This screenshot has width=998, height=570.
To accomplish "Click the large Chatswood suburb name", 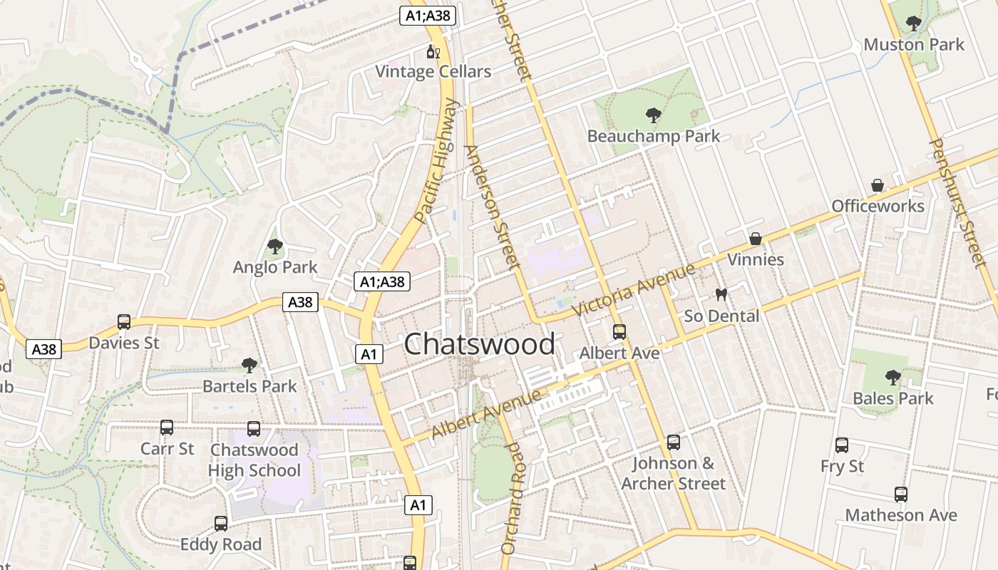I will [x=479, y=344].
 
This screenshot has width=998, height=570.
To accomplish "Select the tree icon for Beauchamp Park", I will [x=652, y=115].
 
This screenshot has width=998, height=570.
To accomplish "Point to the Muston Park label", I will [x=913, y=45].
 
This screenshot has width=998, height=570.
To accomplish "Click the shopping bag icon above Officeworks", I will [x=878, y=186].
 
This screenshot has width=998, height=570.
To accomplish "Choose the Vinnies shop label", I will [x=756, y=259].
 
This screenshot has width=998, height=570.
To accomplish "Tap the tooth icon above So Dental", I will [x=721, y=295].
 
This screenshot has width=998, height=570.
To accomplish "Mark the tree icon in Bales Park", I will [x=892, y=378].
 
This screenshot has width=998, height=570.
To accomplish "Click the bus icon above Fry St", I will [x=842, y=445].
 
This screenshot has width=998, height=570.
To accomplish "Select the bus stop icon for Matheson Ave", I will [x=901, y=494].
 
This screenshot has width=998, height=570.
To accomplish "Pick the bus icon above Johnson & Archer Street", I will [x=673, y=442].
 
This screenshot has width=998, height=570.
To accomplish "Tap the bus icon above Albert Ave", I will [x=619, y=332].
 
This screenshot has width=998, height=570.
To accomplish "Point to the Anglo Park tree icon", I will [x=274, y=247].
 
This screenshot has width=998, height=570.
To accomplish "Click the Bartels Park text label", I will [x=249, y=386].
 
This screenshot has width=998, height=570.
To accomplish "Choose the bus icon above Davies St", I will [x=124, y=322].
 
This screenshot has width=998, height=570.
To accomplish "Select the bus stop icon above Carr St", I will [x=167, y=427].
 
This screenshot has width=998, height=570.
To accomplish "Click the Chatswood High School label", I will [x=254, y=460].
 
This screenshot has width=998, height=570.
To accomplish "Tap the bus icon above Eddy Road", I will [x=221, y=524].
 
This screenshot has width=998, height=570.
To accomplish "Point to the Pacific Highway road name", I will [x=437, y=160].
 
